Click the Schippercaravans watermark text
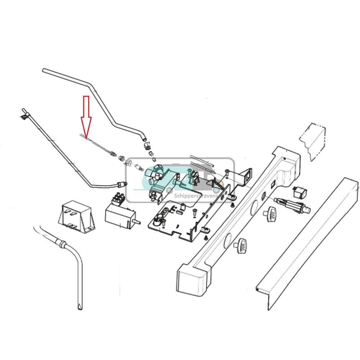tap(196, 196)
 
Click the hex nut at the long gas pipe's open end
tap(147, 145)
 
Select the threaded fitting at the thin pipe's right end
tap(122, 184)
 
